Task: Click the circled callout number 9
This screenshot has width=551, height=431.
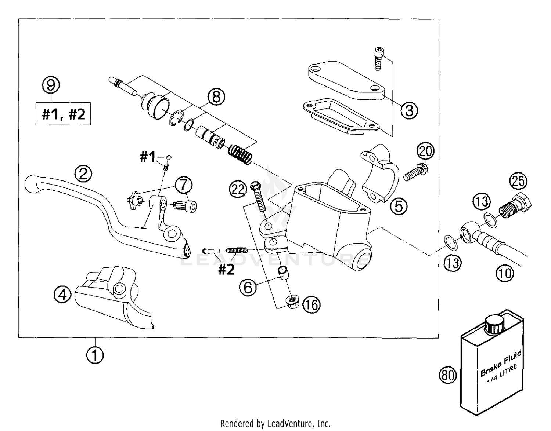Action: [51, 85]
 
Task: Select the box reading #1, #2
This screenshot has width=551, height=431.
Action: [63, 114]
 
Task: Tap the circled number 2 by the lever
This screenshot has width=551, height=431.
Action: [83, 173]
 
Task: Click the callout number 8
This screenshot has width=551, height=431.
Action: [216, 97]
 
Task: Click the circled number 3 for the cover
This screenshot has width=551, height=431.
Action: [409, 110]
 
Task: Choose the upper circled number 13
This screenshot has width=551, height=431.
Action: [481, 201]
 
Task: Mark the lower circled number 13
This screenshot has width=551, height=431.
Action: [453, 263]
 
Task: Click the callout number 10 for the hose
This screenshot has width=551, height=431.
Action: [505, 273]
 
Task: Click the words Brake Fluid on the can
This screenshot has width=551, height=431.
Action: [501, 363]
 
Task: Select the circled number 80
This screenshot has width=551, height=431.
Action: [448, 375]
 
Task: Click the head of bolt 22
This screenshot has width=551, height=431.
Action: [255, 187]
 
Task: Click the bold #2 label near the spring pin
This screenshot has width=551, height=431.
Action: [226, 270]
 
